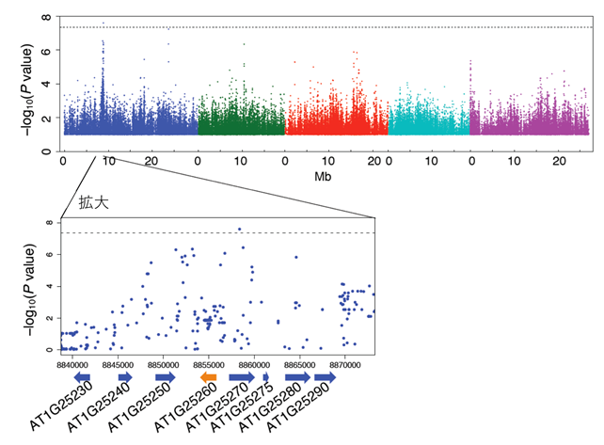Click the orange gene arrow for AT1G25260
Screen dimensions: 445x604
209,377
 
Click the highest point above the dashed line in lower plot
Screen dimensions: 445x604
240,229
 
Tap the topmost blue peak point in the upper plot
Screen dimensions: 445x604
103,23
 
